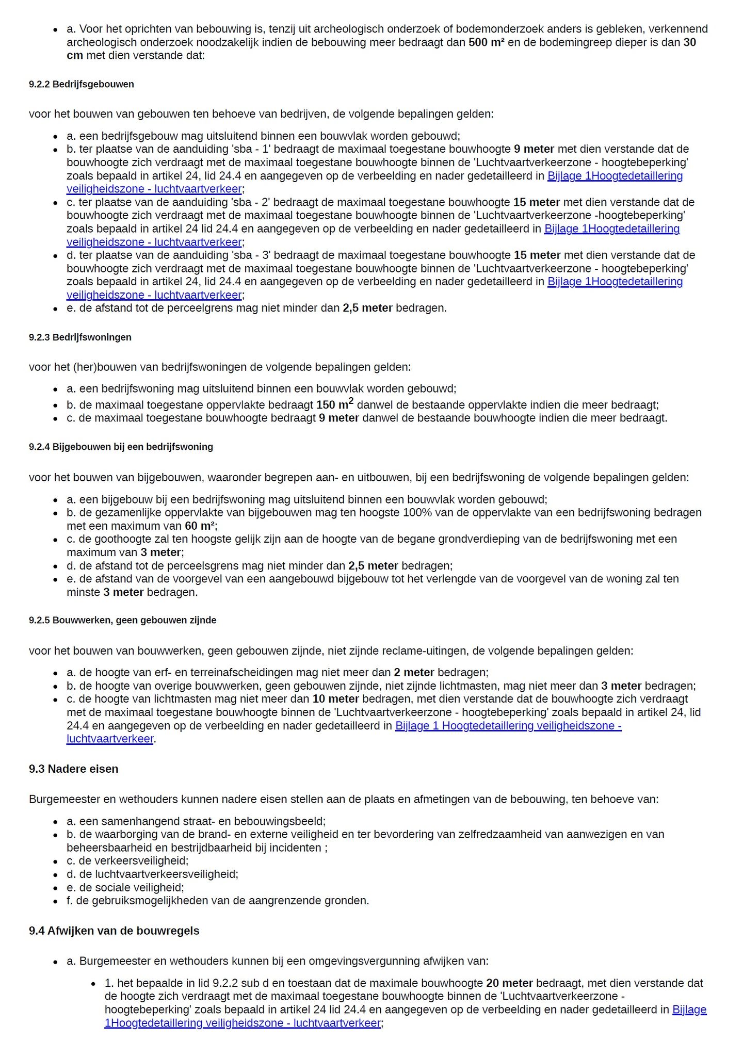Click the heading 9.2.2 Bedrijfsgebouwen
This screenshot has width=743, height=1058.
[81, 84]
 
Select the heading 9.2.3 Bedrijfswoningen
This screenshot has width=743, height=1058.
[80, 337]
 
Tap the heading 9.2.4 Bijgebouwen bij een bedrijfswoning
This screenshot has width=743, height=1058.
[121, 447]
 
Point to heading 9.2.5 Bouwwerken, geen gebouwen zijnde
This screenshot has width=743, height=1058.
[122, 620]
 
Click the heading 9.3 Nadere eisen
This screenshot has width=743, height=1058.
[73, 769]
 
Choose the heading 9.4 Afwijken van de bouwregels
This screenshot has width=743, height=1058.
[114, 931]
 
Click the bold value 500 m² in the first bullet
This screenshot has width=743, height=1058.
[486, 42]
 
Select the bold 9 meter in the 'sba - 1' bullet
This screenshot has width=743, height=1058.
[534, 149]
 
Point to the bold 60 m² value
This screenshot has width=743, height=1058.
[200, 526]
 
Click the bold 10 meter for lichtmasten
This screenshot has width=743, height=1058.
[335, 699]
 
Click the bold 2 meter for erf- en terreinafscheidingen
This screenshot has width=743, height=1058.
[414, 672]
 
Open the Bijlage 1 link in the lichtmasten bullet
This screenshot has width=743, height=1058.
[508, 726]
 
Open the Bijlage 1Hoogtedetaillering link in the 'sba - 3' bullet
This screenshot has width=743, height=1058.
[615, 282]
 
